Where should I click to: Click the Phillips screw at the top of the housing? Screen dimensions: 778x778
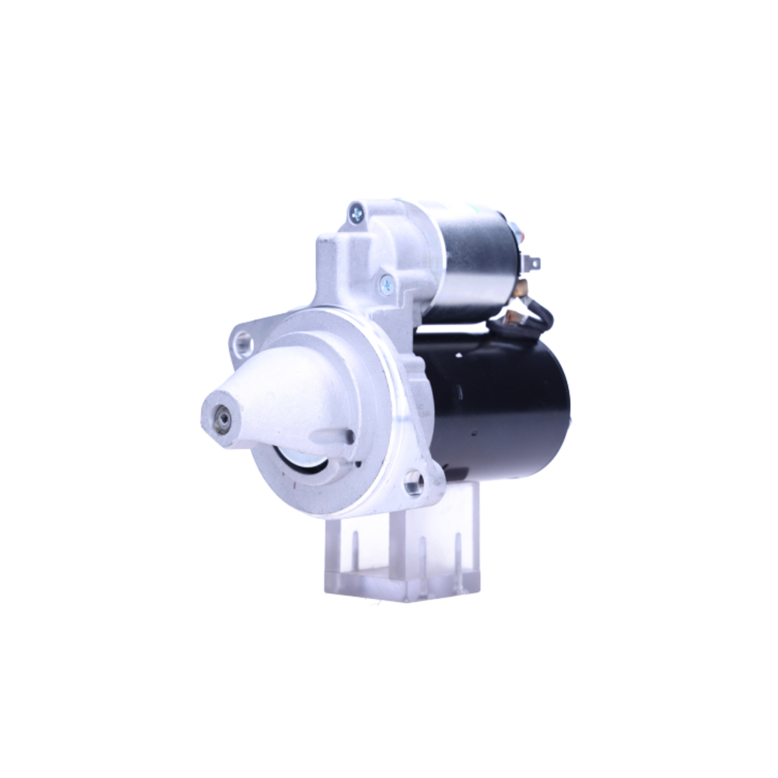(356, 211)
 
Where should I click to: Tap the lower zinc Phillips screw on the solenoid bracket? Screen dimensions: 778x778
(387, 285)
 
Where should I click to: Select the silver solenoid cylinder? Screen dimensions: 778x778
(475, 257)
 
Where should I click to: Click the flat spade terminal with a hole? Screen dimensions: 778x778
(532, 263)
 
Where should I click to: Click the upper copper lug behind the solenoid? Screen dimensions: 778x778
(523, 289)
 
